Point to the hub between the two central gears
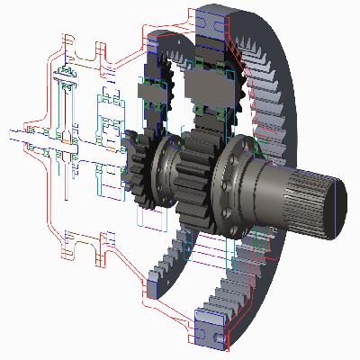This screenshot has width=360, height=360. point(166,166)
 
